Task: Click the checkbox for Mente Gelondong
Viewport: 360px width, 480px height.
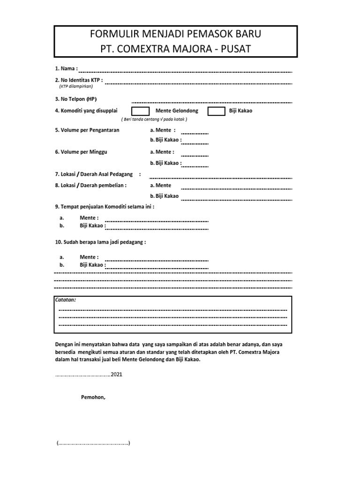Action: tap(140, 111)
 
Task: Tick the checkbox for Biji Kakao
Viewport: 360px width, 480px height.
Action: tap(216, 111)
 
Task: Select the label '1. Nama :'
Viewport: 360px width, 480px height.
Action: tap(67, 68)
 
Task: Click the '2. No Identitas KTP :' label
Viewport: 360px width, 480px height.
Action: tap(78, 80)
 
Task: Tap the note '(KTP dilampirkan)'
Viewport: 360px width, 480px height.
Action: tap(76, 86)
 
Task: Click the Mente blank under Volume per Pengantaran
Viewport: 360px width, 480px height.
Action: tap(195, 133)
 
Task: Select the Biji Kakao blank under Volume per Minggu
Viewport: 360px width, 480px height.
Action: tap(195, 166)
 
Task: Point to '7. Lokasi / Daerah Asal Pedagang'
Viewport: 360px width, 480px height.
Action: tap(95, 174)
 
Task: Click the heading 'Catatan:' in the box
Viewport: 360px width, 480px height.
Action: tap(65, 300)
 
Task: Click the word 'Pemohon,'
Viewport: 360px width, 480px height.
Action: tap(93, 397)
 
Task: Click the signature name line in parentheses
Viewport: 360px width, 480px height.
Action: tap(94, 443)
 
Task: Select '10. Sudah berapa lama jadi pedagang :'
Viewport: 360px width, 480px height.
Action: tap(100, 242)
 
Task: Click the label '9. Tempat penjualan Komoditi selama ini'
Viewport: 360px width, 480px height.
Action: tap(104, 206)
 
